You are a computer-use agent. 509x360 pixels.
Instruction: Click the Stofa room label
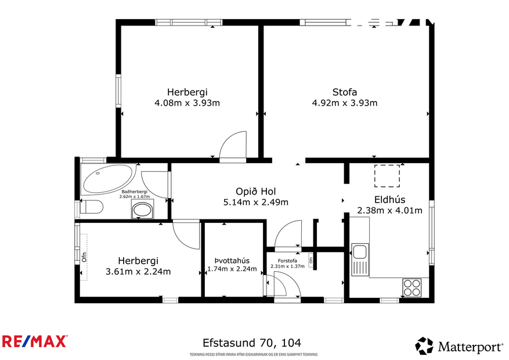344,92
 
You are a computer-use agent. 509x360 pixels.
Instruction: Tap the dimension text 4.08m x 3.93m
187,103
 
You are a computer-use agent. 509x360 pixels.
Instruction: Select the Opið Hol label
255,192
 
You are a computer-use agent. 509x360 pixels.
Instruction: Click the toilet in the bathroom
91,207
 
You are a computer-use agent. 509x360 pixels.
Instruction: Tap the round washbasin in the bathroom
141,210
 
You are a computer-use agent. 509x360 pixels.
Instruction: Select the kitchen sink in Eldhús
360,253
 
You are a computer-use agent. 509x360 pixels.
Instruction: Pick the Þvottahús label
232,260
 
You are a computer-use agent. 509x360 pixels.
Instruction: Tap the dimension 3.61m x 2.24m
138,271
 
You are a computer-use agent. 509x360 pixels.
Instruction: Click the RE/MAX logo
35,341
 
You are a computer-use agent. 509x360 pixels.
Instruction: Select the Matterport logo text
470,347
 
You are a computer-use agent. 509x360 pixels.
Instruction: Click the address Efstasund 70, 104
251,343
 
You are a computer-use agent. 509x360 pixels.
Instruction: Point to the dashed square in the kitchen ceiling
387,176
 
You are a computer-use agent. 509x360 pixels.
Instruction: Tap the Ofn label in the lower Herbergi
84,256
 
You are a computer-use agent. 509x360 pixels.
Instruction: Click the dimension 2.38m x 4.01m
389,210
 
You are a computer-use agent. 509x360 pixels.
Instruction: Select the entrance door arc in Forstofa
286,286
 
